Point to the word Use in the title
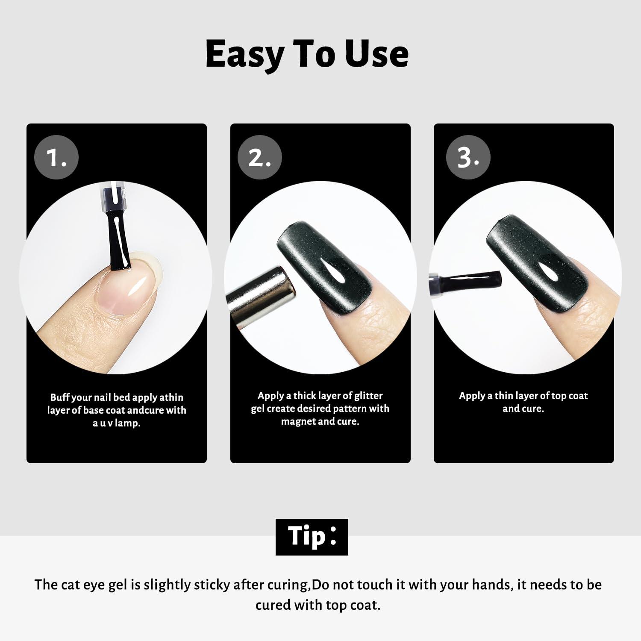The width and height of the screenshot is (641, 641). [377, 54]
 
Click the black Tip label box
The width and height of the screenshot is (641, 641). [312, 537]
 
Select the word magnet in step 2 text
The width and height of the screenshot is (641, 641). [299, 422]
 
